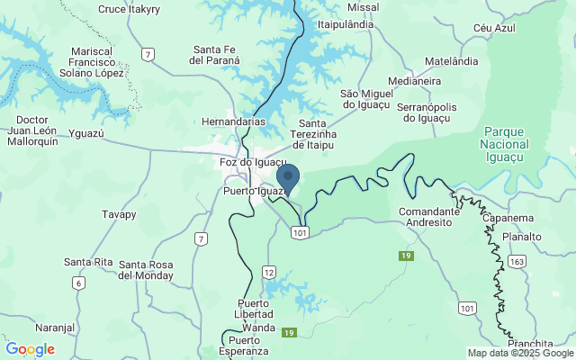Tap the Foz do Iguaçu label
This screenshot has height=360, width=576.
tap(253, 163)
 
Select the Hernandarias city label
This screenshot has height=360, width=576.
tap(233, 121)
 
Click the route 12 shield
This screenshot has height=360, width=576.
tap(269, 271)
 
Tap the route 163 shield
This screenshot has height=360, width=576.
tap(517, 262)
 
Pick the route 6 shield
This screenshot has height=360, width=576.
tap(79, 283)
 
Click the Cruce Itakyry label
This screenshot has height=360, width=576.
tap(128, 9)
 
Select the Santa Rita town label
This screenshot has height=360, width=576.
tap(88, 262)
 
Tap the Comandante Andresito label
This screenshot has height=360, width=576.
tap(428, 216)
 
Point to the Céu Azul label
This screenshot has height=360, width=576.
tap(494, 29)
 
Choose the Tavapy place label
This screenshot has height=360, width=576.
tap(119, 215)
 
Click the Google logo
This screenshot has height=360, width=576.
tap(30, 349)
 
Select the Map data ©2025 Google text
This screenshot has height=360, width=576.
tap(519, 353)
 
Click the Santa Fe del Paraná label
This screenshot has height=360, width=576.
tap(214, 55)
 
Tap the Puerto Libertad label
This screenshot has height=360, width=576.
tap(255, 309)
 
